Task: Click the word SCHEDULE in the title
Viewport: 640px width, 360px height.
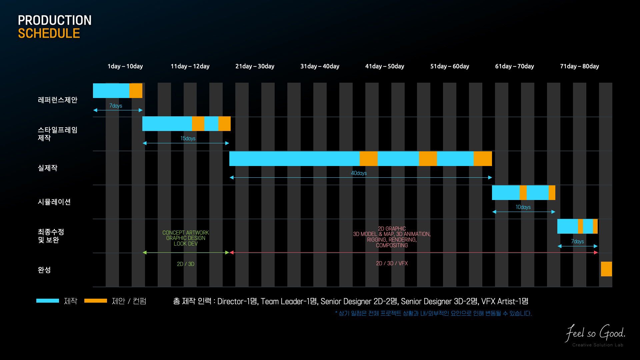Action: click(49, 34)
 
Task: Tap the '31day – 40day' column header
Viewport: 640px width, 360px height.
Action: click(320, 66)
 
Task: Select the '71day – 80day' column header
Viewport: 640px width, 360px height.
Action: click(579, 66)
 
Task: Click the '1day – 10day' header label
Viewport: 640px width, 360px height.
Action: click(125, 66)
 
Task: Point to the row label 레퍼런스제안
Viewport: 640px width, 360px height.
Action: click(58, 100)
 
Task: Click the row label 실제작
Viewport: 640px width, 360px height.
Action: click(48, 168)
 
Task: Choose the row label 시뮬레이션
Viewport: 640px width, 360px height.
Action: click(54, 202)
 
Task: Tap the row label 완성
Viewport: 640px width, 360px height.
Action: click(44, 270)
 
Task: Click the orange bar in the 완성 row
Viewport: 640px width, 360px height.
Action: click(606, 269)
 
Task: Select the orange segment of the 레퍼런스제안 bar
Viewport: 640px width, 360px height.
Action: click(136, 91)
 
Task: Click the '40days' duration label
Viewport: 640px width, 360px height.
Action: click(359, 173)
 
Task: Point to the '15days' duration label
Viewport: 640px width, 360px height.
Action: click(188, 139)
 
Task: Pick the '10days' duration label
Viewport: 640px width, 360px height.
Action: click(523, 207)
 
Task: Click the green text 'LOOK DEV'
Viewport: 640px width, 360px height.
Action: click(186, 244)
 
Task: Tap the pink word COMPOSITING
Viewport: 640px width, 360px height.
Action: click(392, 246)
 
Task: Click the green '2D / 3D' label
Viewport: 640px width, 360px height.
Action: click(186, 264)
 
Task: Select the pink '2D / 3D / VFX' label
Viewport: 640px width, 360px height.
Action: click(392, 264)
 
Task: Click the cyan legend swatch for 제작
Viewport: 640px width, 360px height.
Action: click(48, 301)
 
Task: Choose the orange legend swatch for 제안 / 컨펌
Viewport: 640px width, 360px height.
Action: click(96, 301)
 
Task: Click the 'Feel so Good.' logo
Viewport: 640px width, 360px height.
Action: click(596, 333)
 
